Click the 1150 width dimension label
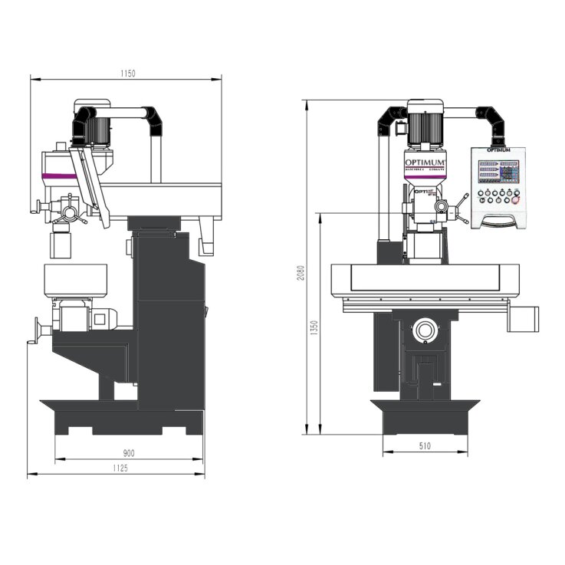127,73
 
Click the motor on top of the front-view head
425,126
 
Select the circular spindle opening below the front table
425,332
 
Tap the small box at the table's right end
527,318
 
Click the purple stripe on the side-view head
58,177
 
